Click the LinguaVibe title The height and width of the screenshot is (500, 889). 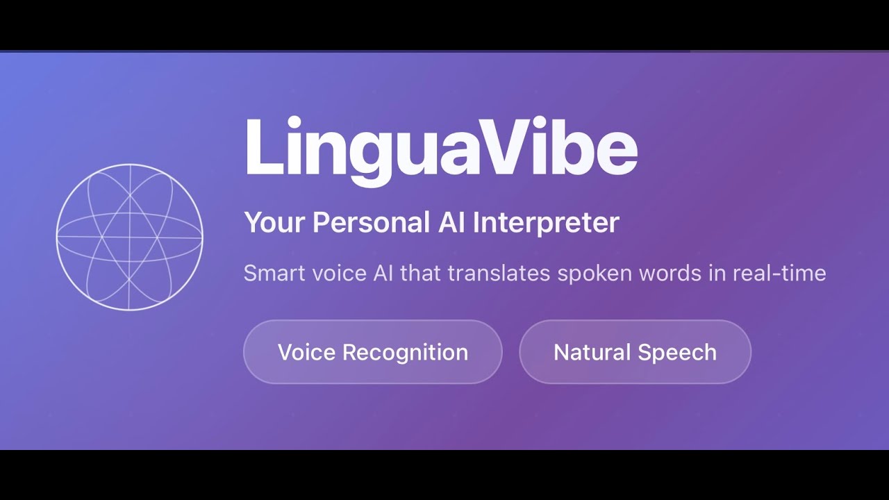tap(440, 148)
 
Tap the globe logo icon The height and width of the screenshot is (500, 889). tap(129, 237)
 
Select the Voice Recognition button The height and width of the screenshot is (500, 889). tap(372, 352)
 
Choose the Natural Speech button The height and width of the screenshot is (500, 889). tap(635, 352)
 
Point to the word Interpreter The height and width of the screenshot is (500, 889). tap(546, 223)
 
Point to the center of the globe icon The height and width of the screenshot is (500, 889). tap(129, 237)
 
